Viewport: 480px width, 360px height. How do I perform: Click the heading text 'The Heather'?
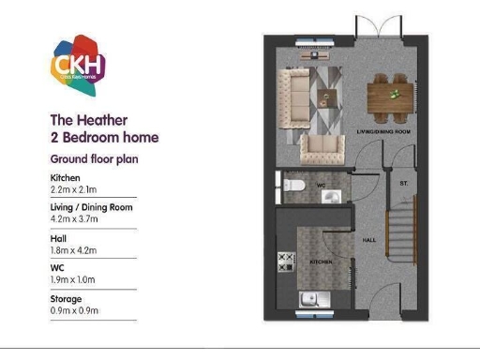[88, 120]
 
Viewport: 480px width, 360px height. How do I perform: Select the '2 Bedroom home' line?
[104, 138]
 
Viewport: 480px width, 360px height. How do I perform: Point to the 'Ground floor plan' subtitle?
[94, 159]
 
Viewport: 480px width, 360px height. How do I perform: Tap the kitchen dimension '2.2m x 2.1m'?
[74, 189]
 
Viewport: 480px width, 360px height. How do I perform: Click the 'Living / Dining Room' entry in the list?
[92, 207]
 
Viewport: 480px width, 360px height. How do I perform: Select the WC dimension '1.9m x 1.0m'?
[74, 280]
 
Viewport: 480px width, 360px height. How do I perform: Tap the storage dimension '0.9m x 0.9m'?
[74, 310]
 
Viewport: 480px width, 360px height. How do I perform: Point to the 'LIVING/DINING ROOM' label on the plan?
[383, 132]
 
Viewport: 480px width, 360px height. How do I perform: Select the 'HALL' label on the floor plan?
[369, 240]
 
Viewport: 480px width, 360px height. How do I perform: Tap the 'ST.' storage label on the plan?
[403, 183]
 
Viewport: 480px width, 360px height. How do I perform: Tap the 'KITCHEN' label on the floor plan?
[322, 262]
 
